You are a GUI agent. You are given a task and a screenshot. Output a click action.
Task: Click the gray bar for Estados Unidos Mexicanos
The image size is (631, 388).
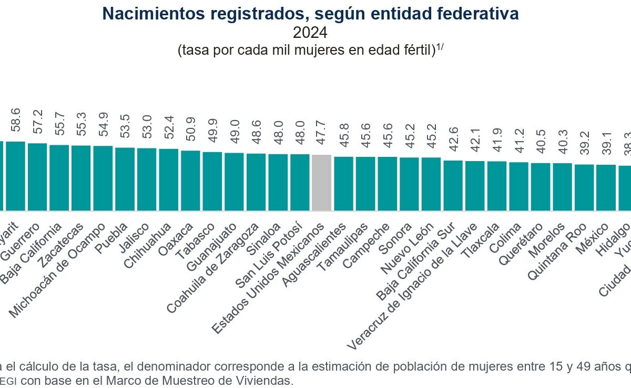(321, 183)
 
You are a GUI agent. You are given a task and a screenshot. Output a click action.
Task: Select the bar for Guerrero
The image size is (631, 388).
(37, 177)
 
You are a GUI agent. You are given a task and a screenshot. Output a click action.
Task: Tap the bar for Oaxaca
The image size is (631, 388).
(190, 181)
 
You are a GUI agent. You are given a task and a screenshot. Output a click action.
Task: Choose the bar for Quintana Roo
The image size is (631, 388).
(584, 187)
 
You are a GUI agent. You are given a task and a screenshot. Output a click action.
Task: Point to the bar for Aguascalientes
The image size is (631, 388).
(343, 184)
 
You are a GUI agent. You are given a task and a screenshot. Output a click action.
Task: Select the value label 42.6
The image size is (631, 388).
(453, 144)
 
